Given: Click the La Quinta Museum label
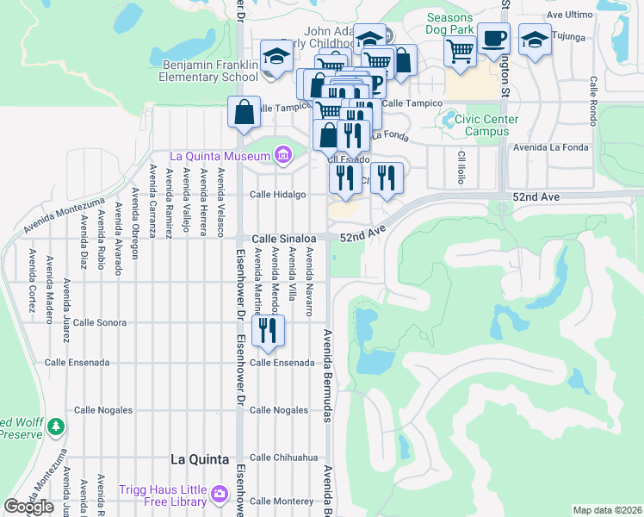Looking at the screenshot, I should [x=220, y=156].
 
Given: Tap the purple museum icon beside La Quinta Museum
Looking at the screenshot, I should [x=282, y=155].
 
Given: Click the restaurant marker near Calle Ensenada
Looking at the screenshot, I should [x=268, y=330].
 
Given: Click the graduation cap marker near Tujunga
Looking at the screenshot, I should [x=535, y=40].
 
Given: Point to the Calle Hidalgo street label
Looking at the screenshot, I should [x=277, y=195].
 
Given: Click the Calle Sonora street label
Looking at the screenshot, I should [x=100, y=322].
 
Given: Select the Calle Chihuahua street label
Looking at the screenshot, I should [x=283, y=458].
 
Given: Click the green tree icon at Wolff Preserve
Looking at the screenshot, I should [x=56, y=427].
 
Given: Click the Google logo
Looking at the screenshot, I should [x=29, y=507].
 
